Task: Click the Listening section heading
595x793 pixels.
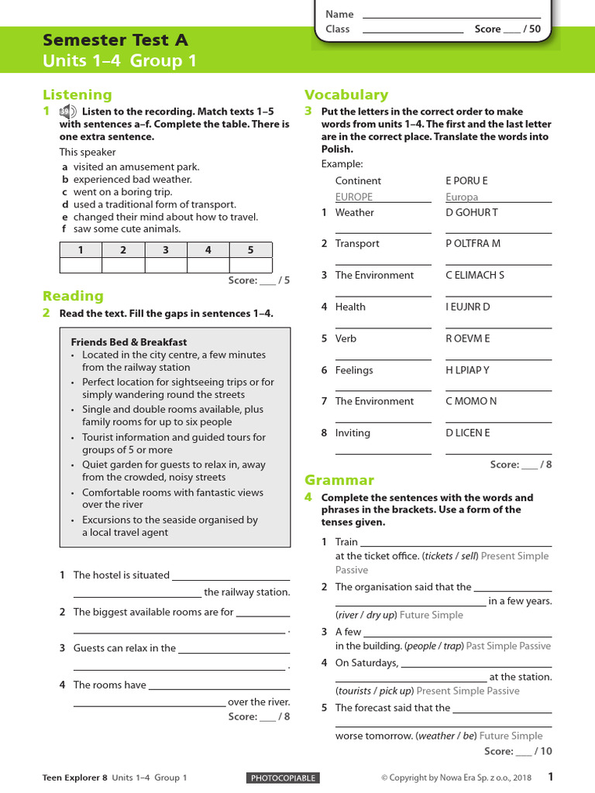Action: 77,95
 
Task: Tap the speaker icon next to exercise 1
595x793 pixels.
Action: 68,112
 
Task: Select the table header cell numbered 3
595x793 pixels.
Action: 166,250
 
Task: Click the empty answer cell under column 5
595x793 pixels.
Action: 250,266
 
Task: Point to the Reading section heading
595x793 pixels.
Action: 73,296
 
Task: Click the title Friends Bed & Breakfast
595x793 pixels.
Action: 129,342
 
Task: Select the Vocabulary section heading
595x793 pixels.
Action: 346,94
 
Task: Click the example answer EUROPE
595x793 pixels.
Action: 353,197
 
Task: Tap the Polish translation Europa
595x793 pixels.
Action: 462,197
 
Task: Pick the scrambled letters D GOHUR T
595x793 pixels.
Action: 471,212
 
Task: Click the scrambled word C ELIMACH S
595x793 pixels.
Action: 475,275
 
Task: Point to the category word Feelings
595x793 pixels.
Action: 354,370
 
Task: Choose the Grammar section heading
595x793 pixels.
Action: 339,480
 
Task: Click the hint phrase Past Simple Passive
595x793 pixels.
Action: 508,646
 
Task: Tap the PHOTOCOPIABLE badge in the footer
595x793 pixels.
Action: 282,778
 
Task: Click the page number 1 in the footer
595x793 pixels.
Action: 550,777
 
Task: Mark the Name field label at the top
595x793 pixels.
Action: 339,14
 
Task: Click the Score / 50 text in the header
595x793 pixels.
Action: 507,29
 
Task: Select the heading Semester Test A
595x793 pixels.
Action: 115,40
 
